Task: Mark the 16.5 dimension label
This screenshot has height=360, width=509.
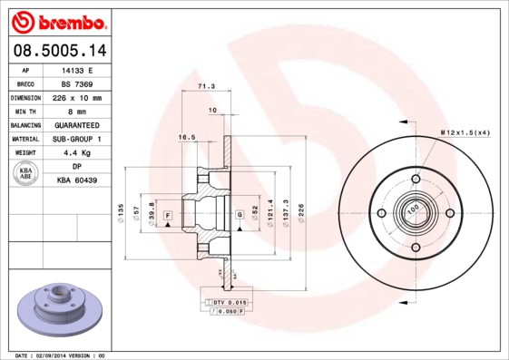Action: pos(187,137)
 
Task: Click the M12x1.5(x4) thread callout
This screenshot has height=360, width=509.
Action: pos(465,132)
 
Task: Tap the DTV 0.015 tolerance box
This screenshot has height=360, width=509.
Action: pos(229,300)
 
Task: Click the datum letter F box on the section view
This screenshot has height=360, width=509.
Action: pos(168,214)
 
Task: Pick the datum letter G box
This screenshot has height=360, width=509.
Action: pos(239,214)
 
